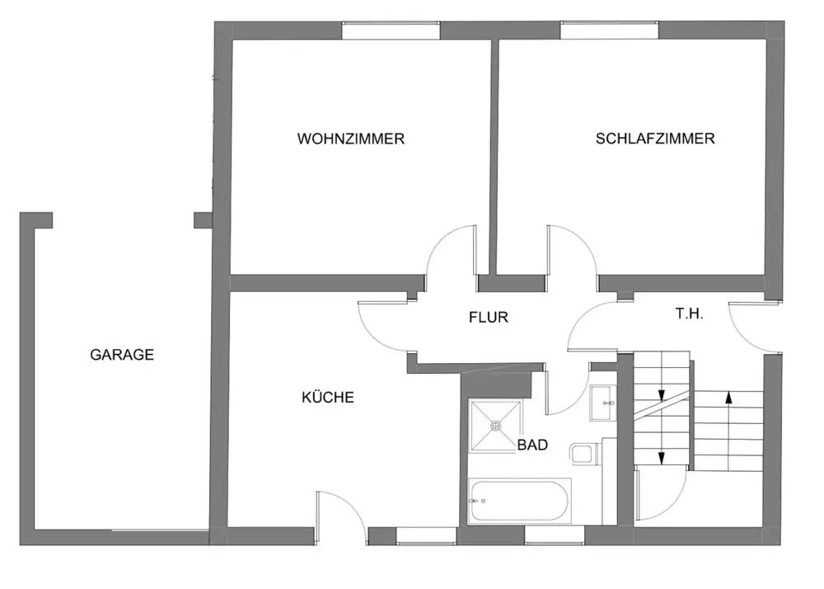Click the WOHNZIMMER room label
[351, 139]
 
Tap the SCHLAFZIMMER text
[655, 139]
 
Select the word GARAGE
[122, 356]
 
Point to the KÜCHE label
[327, 398]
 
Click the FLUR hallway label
[489, 317]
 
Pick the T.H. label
[689, 314]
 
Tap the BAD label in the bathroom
[533, 445]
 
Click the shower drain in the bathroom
[496, 426]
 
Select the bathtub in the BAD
[519, 500]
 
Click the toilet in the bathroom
[583, 452]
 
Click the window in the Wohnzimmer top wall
[391, 31]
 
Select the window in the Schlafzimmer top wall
[610, 31]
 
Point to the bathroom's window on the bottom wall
[555, 536]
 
